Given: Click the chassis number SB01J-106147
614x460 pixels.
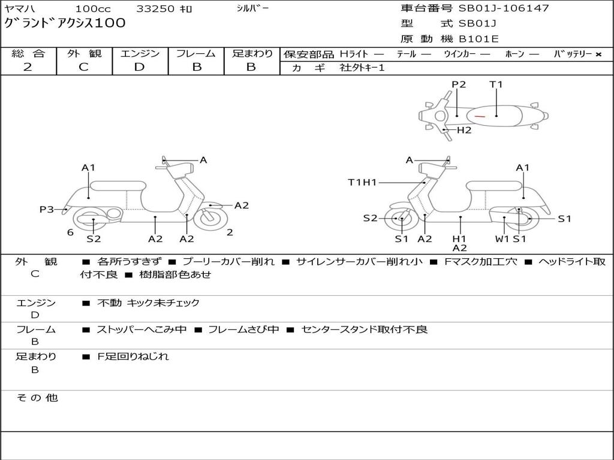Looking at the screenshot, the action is pos(504,8).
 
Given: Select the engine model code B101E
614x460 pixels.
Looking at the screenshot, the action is pos(478,40).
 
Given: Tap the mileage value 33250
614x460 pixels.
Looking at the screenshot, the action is pos(155,9).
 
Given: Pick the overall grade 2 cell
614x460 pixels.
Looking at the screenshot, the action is pos(28,67).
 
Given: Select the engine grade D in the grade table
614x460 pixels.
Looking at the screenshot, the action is pos(140,67).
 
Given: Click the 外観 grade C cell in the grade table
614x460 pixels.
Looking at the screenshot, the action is pos(84,67).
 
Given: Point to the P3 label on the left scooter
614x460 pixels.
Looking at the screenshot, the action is pos(47,209).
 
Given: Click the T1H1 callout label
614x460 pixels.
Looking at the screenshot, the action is pos(362,182).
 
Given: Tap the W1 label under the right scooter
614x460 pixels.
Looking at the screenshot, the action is pos(502,238).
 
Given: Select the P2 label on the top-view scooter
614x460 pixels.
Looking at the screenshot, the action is pos(459,84).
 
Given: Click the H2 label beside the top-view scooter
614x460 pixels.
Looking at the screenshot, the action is pos(464,130).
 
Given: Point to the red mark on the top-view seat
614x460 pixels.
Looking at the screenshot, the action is pos(479,115).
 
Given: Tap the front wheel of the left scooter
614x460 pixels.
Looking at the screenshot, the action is pos(210,217).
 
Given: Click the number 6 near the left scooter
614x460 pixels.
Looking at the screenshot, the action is pos(70,232).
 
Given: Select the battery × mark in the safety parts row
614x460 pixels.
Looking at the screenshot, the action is pos(598,55).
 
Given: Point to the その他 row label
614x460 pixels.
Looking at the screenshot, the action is pos(37,398).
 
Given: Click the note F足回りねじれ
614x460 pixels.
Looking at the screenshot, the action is pos(133,356).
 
